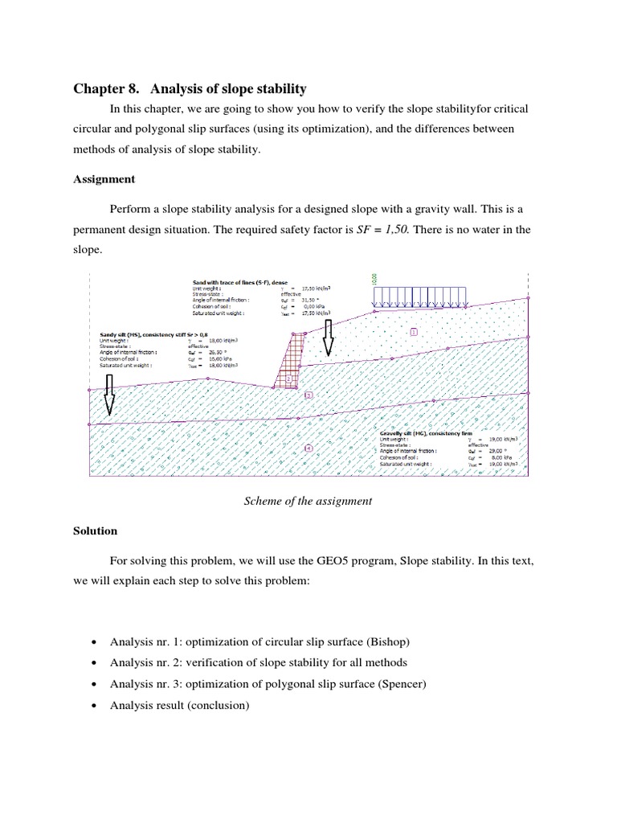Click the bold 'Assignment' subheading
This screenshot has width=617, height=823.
click(104, 179)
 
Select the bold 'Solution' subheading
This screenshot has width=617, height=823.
click(96, 530)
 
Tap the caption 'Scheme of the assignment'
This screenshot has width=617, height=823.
click(308, 501)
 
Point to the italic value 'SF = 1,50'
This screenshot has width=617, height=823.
click(392, 229)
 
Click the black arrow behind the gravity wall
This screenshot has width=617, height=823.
click(328, 338)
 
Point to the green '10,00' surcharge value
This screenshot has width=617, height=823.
click(374, 280)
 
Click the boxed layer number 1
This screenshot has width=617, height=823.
click(415, 331)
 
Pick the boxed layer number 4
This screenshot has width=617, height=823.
click(309, 447)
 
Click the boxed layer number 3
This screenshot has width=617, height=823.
click(308, 395)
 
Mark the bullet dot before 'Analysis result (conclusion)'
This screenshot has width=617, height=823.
click(96, 706)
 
